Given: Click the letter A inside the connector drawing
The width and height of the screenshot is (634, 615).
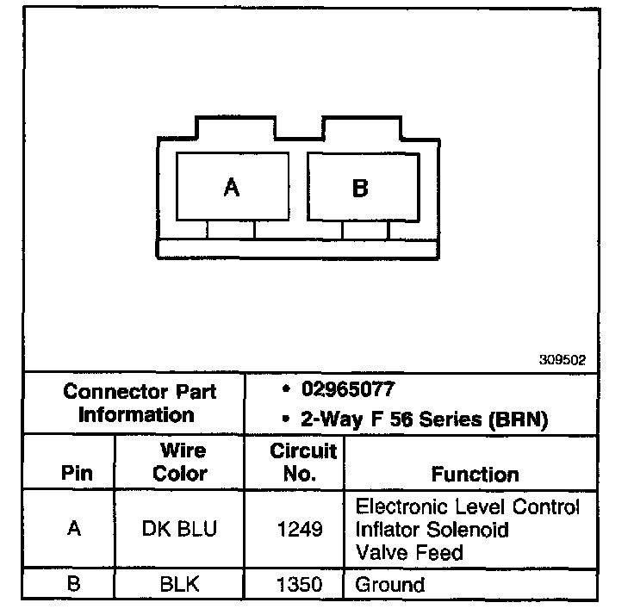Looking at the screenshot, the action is coord(231,188).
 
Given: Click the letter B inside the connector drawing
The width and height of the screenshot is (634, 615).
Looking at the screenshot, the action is coord(360,188).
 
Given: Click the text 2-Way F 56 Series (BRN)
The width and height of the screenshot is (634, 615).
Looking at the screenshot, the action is coord(424,419).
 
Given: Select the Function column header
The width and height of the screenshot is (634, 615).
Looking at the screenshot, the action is coord(475,474).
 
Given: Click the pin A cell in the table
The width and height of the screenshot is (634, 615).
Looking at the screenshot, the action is coord(73,529).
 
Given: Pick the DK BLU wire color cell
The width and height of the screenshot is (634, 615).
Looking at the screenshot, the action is coord(180,529).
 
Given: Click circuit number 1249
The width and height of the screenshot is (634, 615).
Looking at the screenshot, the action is coord(299,529).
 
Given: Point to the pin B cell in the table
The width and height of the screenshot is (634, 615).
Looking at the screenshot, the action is coord(73,585).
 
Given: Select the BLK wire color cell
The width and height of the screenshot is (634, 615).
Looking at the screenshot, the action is coord(180,585).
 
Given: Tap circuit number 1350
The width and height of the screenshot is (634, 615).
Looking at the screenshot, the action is coord(299,585).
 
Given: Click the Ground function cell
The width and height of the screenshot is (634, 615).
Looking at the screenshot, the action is coord(390,585).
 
